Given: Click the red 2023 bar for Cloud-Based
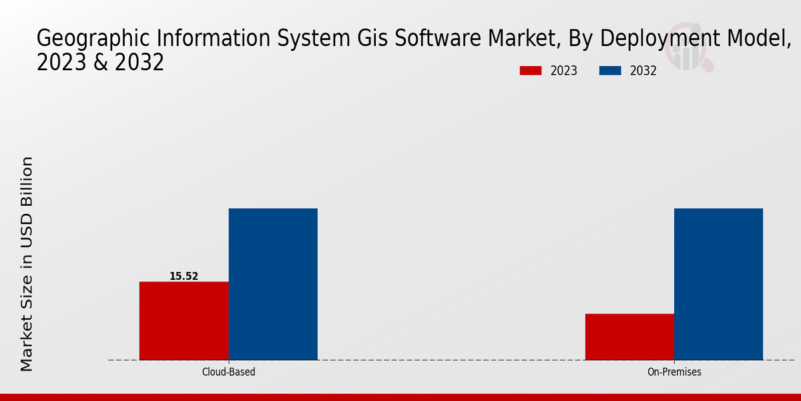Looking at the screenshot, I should click(184, 321).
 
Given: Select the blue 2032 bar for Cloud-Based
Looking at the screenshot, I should click(273, 284).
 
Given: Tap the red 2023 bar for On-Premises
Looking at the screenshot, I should click(629, 337).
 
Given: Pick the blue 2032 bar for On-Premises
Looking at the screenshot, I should click(718, 284).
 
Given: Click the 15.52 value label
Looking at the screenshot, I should click(184, 276).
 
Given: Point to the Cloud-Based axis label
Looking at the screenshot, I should click(228, 372).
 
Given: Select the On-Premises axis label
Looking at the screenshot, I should click(674, 372).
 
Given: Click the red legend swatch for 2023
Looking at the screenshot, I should click(531, 71).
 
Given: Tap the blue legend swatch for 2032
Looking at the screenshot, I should click(610, 71).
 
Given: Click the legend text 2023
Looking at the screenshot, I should click(564, 71).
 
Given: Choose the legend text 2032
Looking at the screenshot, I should click(643, 71).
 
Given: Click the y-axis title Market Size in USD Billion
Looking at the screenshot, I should click(27, 264).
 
